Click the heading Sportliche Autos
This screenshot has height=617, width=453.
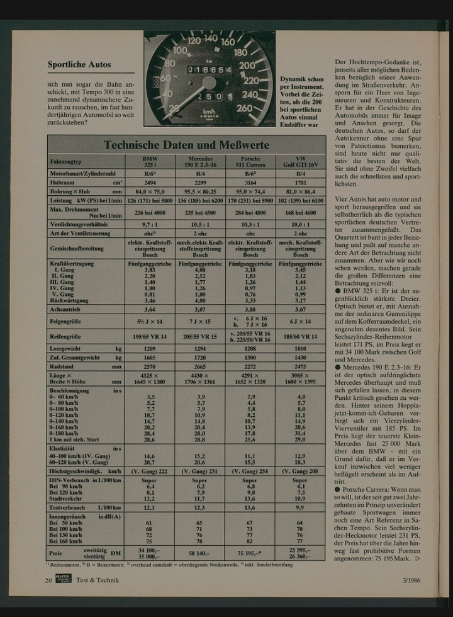(x=79, y=64)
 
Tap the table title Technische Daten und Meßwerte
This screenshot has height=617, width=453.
(x=186, y=145)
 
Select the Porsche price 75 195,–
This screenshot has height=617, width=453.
(x=250, y=553)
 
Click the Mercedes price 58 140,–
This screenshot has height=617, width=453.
(x=200, y=553)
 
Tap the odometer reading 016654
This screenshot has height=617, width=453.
(x=210, y=69)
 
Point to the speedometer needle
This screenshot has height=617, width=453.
(x=179, y=98)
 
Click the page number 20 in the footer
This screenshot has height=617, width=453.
(x=48, y=580)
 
